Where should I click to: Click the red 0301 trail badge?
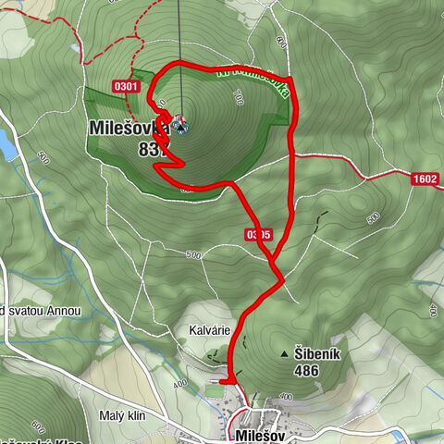click(127, 87)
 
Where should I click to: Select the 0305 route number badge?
click(259, 235)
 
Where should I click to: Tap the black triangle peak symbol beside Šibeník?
click(284, 354)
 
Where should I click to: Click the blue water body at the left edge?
click(6, 143)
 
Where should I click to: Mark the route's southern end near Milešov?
click(224, 379)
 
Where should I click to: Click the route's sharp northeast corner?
click(290, 80)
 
